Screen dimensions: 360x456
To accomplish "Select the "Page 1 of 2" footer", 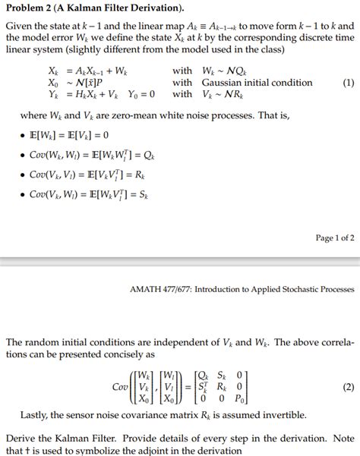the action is [x=335, y=237].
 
